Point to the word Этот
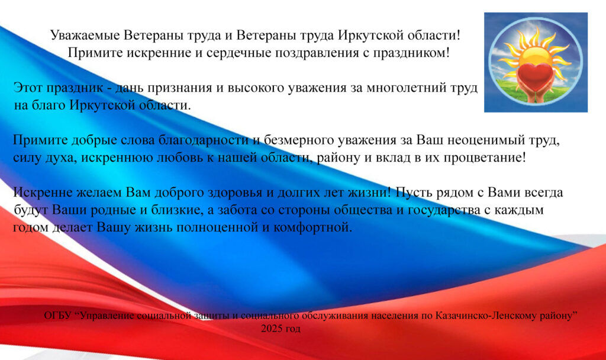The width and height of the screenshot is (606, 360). click(28, 88)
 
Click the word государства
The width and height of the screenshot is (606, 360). click(439, 210)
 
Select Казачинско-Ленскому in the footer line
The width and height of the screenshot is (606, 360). click(487, 316)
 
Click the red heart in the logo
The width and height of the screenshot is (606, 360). click(535, 74)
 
